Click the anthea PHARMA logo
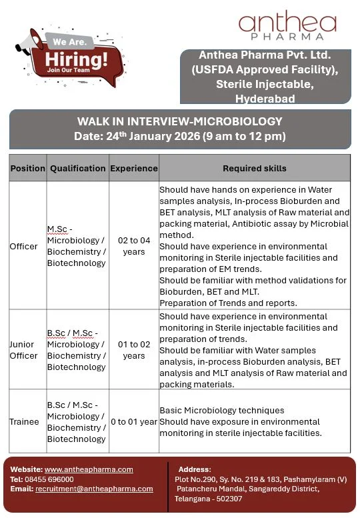click(287, 26)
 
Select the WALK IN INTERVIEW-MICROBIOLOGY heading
click(180, 121)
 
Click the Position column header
click(27, 169)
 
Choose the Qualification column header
click(77, 169)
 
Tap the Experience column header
click(134, 169)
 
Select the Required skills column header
click(255, 169)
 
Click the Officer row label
click(23, 247)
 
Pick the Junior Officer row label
click(24, 350)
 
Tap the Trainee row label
click(24, 421)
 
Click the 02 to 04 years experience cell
click(134, 247)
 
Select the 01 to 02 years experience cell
click(134, 350)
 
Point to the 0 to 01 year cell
click(134, 421)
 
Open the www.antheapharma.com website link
click(89, 469)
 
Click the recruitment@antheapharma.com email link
click(94, 489)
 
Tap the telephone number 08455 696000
click(51, 479)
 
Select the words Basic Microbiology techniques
click(222, 410)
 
